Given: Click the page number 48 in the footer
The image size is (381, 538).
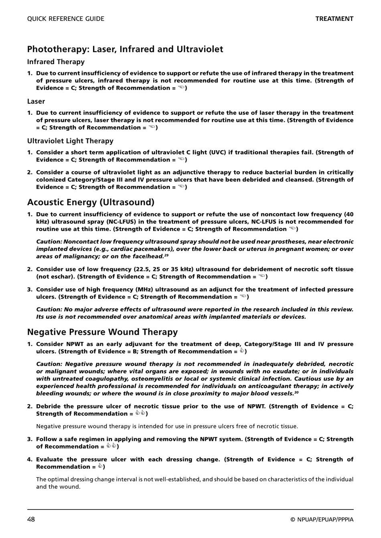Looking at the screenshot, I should [31, 520].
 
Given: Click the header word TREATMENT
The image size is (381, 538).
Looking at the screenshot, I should [334, 19].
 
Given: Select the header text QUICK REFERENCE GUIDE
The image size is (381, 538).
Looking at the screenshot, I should [66, 19].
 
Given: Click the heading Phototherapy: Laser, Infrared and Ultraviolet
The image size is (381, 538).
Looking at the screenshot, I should [125, 49].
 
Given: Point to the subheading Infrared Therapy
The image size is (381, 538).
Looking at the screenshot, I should [56, 62].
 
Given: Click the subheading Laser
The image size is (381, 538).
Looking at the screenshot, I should [36, 101].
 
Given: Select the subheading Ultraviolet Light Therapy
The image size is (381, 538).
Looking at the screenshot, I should [70, 141].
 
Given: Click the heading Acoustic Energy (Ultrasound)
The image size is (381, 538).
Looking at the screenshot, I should [91, 202].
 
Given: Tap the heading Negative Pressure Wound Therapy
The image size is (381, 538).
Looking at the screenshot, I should [102, 332].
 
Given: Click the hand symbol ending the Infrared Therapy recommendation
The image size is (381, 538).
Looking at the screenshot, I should [181, 88].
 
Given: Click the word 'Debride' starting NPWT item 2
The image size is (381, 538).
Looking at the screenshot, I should [48, 407].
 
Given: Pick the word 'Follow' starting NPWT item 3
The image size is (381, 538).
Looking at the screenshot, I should [46, 439].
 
